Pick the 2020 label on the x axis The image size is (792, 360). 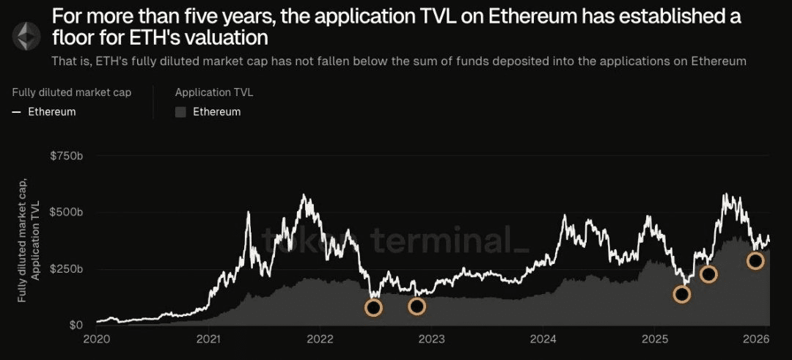[x=97, y=339]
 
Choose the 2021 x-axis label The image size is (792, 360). [x=209, y=339]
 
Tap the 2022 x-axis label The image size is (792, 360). [x=320, y=339]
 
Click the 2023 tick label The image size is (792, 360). [x=432, y=339]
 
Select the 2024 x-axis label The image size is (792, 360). [x=543, y=339]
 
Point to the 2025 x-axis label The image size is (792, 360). [x=656, y=339]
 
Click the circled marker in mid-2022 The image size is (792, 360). [x=373, y=308]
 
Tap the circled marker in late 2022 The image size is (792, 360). [x=417, y=306]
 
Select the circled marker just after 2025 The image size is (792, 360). [x=682, y=294]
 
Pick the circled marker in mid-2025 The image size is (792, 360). [x=708, y=274]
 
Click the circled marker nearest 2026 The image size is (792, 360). [x=755, y=260]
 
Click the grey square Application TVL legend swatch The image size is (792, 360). [x=181, y=112]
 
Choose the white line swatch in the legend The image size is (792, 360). [x=16, y=112]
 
